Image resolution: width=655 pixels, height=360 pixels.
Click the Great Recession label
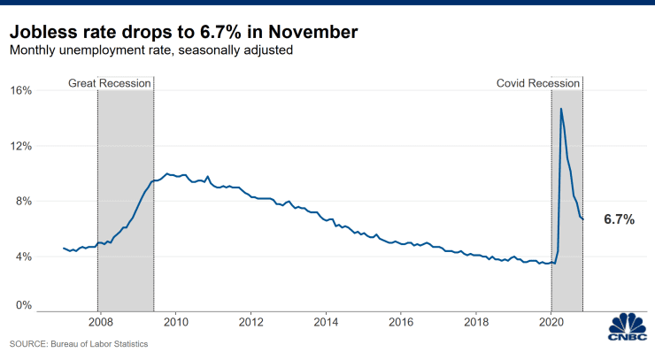(110, 83)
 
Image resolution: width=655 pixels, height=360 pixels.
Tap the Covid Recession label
(537, 83)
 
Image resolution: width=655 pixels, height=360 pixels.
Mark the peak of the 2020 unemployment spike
(561, 109)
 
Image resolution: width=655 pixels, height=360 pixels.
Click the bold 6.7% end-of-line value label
(619, 219)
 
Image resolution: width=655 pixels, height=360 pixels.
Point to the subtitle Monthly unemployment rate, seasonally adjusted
(151, 50)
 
